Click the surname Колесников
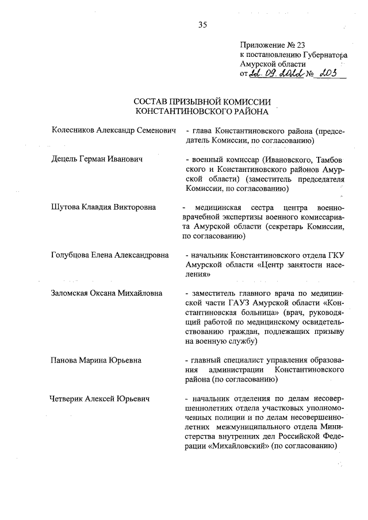pyautogui.click(x=76, y=131)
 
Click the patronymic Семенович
pyautogui.click(x=156, y=131)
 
